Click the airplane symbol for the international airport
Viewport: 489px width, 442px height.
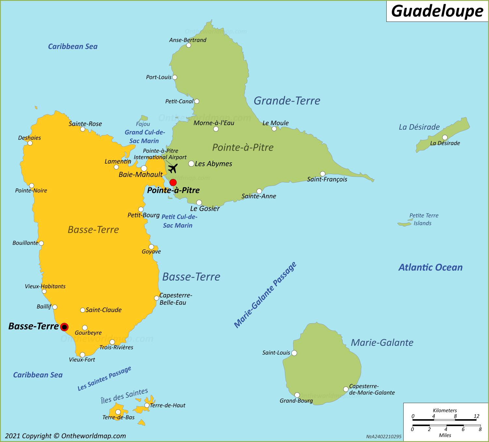pos(172,168)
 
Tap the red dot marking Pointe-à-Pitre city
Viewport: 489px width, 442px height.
pos(173,182)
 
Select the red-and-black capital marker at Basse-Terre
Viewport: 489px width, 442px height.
pos(65,327)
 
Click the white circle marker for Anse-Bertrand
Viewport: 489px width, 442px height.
pos(188,45)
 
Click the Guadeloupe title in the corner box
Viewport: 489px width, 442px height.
pos(437,11)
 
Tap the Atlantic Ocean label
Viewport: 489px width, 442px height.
pos(430,268)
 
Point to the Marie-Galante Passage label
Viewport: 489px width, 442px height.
pos(265,295)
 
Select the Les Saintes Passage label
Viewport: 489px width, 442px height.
pos(104,378)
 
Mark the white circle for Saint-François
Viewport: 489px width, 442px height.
pos(322,174)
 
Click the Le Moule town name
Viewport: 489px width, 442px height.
pos(275,123)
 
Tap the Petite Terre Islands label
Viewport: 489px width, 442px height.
pos(423,219)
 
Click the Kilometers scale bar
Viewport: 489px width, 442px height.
pos(445,420)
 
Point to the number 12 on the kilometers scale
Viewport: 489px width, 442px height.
pos(476,416)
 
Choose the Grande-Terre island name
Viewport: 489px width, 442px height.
pos(287,101)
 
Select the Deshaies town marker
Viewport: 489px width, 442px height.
pos(30,143)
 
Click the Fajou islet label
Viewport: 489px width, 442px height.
pos(143,124)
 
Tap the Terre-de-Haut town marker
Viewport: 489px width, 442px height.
pos(147,405)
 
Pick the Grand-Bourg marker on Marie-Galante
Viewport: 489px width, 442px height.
pos(297,395)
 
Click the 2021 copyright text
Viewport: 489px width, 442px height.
pos(66,436)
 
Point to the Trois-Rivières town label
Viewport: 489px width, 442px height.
pos(116,347)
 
